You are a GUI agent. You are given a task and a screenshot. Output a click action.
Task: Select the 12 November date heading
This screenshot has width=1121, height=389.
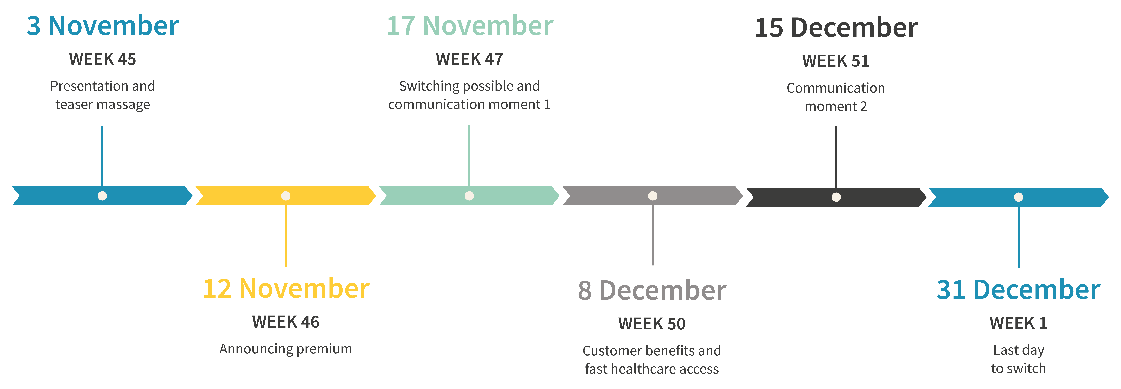[286, 289]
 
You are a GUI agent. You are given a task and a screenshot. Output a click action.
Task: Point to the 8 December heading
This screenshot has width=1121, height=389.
[652, 291]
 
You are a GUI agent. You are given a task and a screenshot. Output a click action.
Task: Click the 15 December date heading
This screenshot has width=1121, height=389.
[836, 28]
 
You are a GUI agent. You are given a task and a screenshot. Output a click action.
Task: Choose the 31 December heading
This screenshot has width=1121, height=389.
[1018, 290]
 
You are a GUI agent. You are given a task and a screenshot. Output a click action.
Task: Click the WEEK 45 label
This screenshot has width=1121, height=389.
[103, 59]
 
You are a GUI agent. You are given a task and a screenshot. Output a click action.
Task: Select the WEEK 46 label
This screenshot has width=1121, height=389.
[286, 322]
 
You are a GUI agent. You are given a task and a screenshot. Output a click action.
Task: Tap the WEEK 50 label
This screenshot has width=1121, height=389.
[652, 324]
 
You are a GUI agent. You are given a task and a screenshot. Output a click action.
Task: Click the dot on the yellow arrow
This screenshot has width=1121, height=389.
[286, 196]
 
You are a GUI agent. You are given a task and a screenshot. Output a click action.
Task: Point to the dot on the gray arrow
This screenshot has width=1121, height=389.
[653, 196]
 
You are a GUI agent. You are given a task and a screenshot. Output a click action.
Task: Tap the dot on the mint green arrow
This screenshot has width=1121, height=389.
[469, 196]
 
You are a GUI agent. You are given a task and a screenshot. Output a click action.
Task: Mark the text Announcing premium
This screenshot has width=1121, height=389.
[286, 349]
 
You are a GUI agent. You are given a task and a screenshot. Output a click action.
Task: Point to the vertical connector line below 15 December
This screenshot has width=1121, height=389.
[836, 157]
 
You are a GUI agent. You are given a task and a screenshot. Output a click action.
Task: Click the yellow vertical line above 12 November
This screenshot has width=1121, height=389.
[286, 235]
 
